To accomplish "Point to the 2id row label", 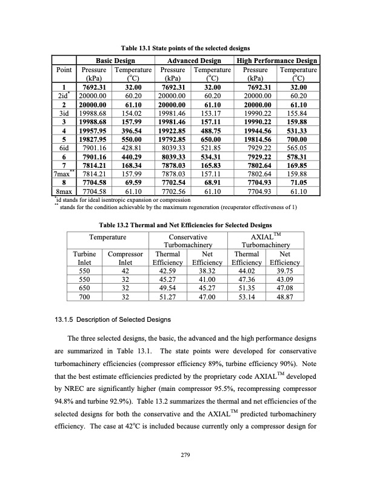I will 62,95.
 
